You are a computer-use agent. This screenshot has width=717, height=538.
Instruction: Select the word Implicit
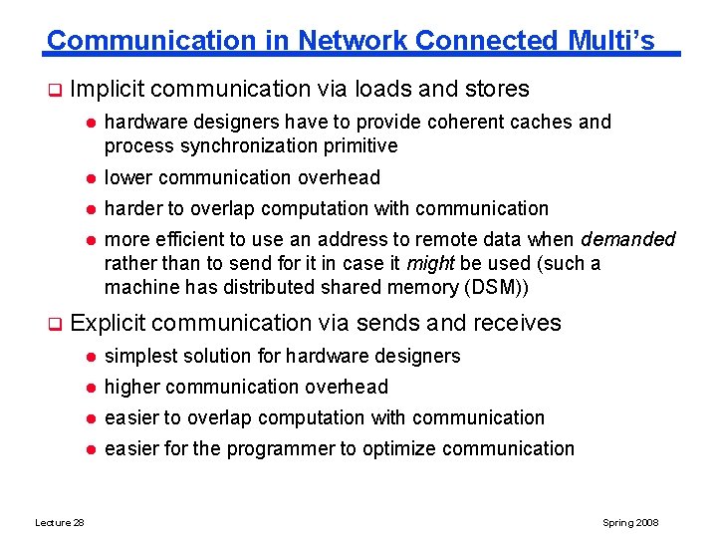(x=109, y=90)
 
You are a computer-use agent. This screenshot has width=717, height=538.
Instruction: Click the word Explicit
(x=109, y=323)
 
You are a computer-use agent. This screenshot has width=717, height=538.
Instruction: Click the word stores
(x=497, y=90)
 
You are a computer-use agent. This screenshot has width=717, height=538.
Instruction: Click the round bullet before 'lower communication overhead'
(x=89, y=178)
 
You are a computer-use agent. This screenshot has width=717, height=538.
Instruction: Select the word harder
(x=134, y=209)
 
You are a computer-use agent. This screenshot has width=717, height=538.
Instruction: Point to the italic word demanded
(x=628, y=240)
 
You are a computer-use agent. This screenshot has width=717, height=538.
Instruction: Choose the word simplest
(x=140, y=357)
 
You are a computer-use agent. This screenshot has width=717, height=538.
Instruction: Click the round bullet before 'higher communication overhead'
(x=89, y=388)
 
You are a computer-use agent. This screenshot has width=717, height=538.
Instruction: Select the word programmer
(x=281, y=449)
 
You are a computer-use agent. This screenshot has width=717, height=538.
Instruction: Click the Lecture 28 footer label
(x=60, y=523)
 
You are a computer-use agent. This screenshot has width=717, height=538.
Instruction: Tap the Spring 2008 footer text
(x=630, y=523)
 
